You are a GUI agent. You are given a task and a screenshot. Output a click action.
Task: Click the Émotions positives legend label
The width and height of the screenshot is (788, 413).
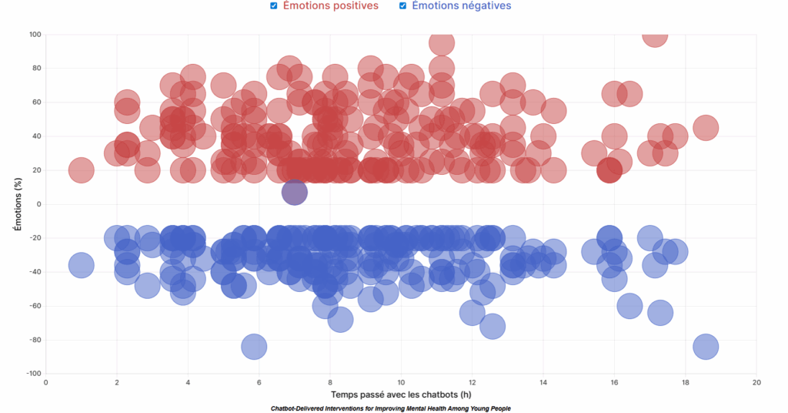click(x=330, y=6)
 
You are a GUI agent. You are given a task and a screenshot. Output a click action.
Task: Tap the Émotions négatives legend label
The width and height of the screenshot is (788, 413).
click(x=461, y=6)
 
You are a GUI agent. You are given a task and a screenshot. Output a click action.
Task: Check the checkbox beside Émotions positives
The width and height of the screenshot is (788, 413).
click(x=274, y=6)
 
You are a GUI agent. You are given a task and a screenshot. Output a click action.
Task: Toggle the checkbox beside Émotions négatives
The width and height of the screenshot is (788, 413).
click(x=402, y=6)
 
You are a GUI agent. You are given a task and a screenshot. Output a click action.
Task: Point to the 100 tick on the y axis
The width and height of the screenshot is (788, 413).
click(x=35, y=35)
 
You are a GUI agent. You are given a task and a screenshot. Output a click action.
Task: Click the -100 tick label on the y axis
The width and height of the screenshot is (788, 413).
click(x=33, y=374)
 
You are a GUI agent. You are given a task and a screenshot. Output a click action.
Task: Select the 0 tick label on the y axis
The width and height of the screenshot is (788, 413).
click(x=38, y=204)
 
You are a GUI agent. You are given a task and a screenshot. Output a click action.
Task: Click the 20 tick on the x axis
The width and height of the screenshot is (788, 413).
click(x=757, y=382)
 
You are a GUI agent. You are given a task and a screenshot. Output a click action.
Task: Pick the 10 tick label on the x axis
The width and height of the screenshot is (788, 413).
click(x=402, y=382)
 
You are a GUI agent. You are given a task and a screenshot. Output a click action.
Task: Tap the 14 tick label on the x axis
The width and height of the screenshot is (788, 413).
click(x=544, y=382)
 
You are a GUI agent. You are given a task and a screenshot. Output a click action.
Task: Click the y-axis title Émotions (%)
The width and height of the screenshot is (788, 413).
click(x=16, y=204)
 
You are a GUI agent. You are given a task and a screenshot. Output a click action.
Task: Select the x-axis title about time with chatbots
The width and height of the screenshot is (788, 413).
click(x=401, y=394)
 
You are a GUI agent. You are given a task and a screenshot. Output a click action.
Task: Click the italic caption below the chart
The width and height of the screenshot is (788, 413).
click(x=391, y=408)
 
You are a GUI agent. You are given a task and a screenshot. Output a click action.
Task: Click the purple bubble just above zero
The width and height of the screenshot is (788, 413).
click(x=295, y=193)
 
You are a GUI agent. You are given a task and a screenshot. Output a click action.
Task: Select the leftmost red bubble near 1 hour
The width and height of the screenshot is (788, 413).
click(x=82, y=170)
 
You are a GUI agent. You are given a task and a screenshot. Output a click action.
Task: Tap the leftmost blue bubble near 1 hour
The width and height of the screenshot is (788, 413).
click(x=82, y=265)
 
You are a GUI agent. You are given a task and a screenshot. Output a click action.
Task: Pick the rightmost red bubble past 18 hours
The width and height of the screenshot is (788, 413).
click(x=706, y=128)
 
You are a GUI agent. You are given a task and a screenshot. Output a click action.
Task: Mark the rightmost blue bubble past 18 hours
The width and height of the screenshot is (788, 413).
click(x=706, y=347)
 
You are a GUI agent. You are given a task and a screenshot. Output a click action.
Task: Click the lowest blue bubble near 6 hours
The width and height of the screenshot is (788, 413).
click(x=253, y=347)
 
